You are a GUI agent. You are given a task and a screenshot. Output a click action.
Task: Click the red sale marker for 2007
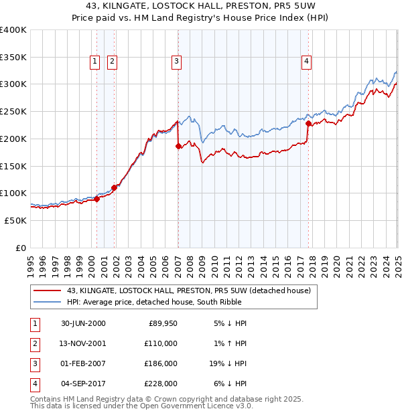click(x=178, y=146)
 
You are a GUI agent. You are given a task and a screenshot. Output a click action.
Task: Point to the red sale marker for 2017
click(x=308, y=123)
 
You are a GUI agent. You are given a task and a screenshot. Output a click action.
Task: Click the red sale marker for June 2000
click(x=97, y=198)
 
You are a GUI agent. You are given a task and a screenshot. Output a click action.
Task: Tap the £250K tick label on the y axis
click(x=13, y=111)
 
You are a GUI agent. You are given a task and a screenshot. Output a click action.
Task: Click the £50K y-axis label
click(x=15, y=220)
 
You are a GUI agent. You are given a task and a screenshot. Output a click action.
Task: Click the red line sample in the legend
click(x=48, y=291)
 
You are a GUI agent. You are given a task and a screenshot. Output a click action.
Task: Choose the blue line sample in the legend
click(x=48, y=303)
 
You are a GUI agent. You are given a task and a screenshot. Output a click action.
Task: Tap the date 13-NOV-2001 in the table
click(x=83, y=343)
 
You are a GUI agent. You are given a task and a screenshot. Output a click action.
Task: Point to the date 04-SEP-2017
click(x=83, y=384)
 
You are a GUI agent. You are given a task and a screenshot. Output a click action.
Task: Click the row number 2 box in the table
click(x=33, y=343)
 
